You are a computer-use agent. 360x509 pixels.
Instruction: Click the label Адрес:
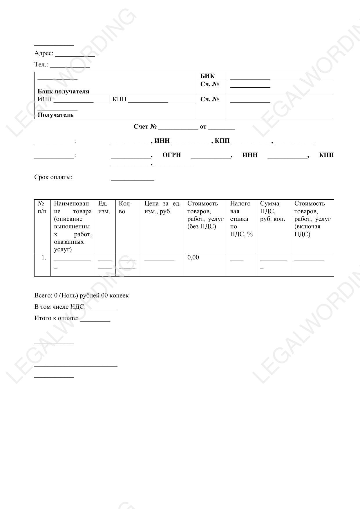click(44, 53)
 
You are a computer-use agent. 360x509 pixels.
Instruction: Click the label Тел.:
click(41, 64)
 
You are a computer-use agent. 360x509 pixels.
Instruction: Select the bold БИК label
click(207, 76)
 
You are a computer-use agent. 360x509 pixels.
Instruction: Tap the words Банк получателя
click(63, 91)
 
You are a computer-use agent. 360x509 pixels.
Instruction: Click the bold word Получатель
click(55, 115)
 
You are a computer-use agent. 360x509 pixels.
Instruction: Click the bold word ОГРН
click(171, 155)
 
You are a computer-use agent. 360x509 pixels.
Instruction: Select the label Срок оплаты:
click(53, 177)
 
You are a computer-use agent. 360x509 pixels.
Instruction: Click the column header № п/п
click(42, 207)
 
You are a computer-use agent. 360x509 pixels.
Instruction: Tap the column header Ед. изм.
click(104, 207)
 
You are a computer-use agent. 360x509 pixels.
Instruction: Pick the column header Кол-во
click(125, 207)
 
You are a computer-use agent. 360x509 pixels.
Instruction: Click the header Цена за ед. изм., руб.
click(162, 207)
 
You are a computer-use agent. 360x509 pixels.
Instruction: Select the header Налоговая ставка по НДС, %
click(241, 219)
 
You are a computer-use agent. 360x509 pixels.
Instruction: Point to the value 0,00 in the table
click(193, 257)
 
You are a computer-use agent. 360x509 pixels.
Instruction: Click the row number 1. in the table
click(44, 257)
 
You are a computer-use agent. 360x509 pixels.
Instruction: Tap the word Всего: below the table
click(43, 295)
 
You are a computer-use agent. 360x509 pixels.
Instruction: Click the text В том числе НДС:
click(60, 307)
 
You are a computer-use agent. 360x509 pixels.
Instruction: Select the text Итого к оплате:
click(57, 318)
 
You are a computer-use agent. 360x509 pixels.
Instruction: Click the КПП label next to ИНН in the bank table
click(120, 99)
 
